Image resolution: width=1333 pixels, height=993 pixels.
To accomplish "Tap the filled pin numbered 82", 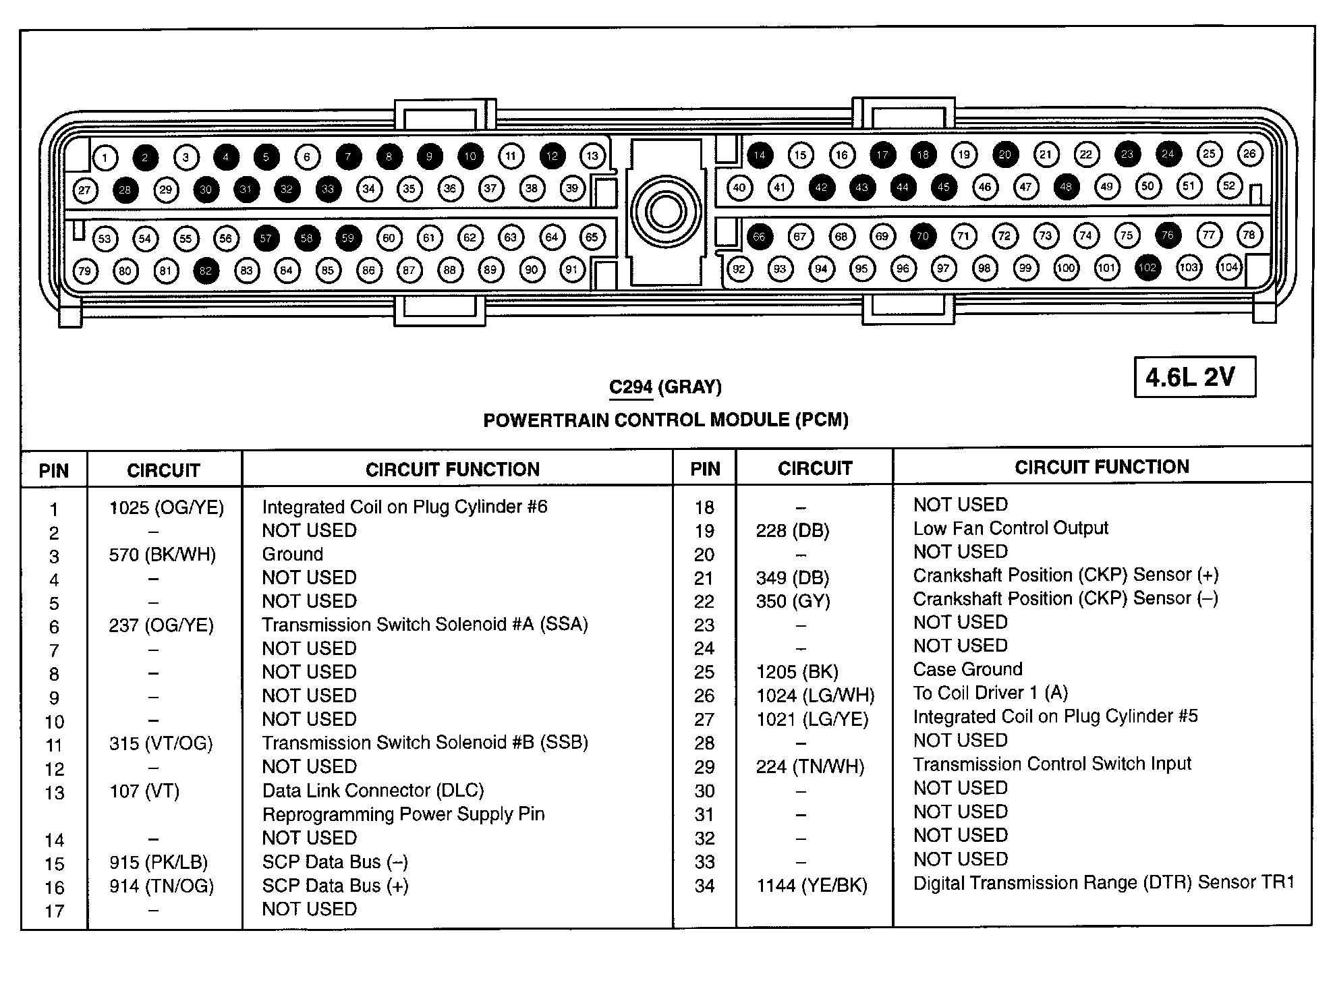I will (x=206, y=271).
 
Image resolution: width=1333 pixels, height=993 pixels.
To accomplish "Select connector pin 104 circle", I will (x=1228, y=267).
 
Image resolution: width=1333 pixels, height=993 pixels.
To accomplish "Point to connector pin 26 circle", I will (x=1249, y=154).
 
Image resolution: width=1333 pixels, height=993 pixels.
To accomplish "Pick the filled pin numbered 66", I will (x=760, y=236).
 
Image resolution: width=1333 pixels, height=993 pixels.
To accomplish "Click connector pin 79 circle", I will (x=84, y=271).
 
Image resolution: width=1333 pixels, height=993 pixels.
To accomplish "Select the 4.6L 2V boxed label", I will (x=1194, y=377).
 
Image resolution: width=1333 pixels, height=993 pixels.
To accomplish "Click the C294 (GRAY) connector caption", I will (x=665, y=387).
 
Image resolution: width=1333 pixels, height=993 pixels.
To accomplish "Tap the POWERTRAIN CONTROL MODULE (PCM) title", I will (x=666, y=420).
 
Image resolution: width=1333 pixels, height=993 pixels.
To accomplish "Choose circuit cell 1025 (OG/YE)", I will (x=166, y=507).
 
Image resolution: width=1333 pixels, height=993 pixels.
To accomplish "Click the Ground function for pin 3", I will (x=293, y=555).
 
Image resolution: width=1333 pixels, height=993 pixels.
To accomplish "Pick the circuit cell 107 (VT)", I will (x=144, y=791).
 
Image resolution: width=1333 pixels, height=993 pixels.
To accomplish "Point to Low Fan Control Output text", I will (x=1011, y=528).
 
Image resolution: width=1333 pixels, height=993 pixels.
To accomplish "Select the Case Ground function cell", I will (x=967, y=669).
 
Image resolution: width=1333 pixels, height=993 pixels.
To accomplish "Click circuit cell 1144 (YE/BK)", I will (x=812, y=885).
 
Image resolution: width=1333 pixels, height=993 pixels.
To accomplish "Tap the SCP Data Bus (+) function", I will (x=335, y=886).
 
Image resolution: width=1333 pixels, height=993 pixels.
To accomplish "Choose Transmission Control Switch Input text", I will (x=1052, y=764).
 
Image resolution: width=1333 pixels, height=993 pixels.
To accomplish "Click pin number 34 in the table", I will (x=704, y=886).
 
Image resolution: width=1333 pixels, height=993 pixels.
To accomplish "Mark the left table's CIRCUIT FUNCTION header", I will (x=453, y=470).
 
